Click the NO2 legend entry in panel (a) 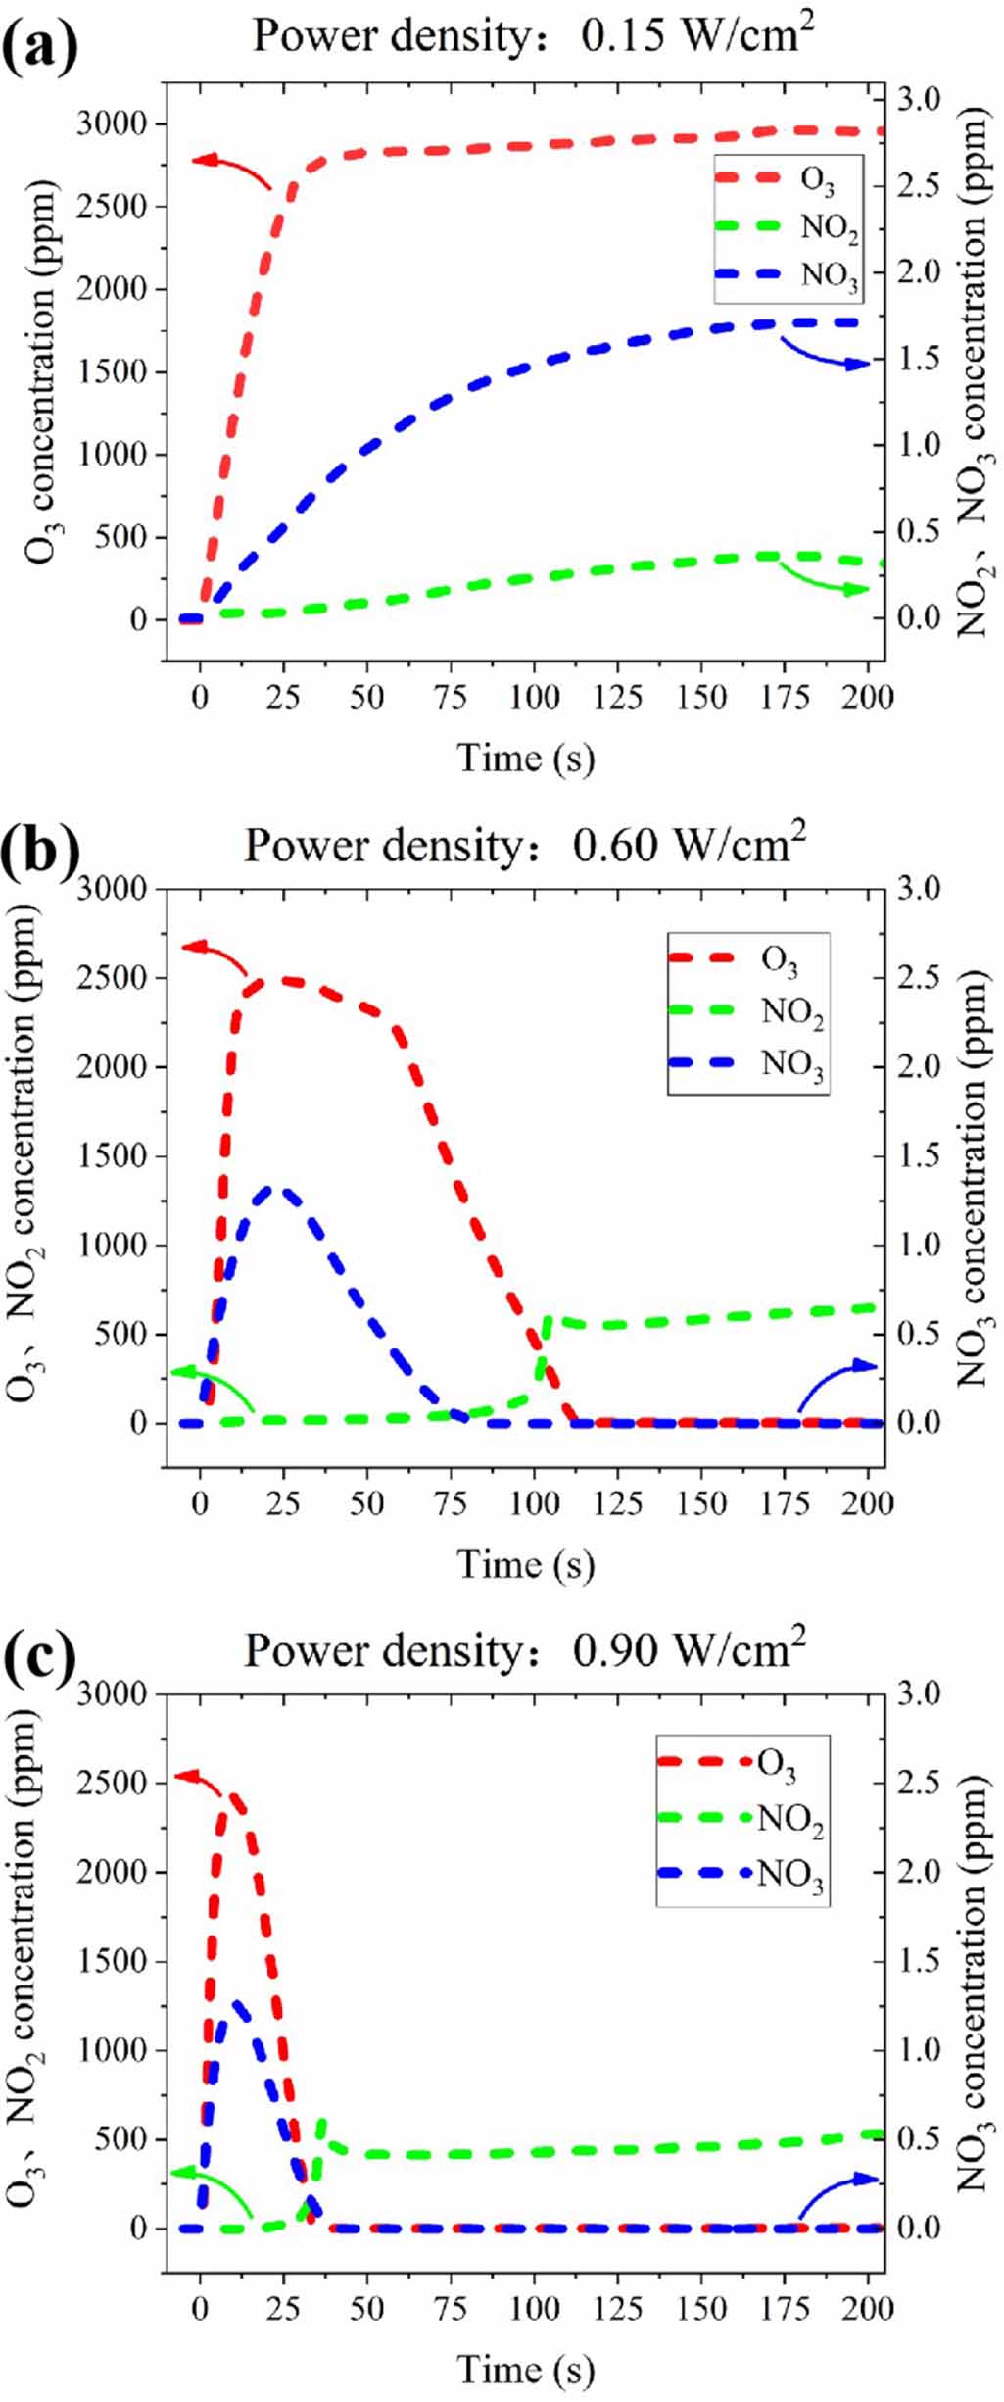(829, 227)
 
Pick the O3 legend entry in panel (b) (779, 960)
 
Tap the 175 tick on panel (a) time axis (785, 697)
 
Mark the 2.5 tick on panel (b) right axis (919, 977)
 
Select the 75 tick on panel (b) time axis (450, 1502)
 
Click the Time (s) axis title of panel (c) (525, 2371)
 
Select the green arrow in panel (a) (822, 583)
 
